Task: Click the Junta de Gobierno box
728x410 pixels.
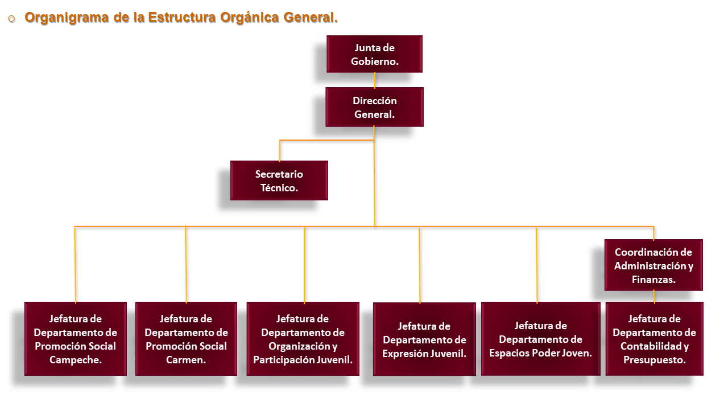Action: [374, 54]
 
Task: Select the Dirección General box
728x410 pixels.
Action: [374, 107]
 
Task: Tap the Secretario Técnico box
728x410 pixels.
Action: [279, 181]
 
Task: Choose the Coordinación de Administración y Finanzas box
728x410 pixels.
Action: [653, 265]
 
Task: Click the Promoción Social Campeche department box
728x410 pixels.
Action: [76, 339]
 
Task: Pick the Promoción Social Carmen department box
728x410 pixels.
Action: [186, 339]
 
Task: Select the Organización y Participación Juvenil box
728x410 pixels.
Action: [303, 339]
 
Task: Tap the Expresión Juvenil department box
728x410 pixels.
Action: [424, 339]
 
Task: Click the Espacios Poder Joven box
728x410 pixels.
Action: [541, 339]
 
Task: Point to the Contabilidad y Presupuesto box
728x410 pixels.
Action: [655, 339]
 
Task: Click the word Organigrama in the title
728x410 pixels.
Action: [67, 18]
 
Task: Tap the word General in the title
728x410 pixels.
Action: [311, 17]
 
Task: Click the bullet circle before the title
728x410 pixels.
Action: [12, 19]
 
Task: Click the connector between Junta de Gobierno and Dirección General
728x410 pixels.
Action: [375, 80]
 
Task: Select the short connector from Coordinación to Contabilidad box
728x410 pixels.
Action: [654, 297]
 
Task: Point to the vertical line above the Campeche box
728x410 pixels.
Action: [75, 265]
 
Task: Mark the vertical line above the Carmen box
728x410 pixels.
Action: [186, 265]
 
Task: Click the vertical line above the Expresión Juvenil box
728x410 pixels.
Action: [420, 265]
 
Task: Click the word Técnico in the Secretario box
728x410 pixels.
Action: [279, 188]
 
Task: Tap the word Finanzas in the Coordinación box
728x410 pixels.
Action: [653, 280]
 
